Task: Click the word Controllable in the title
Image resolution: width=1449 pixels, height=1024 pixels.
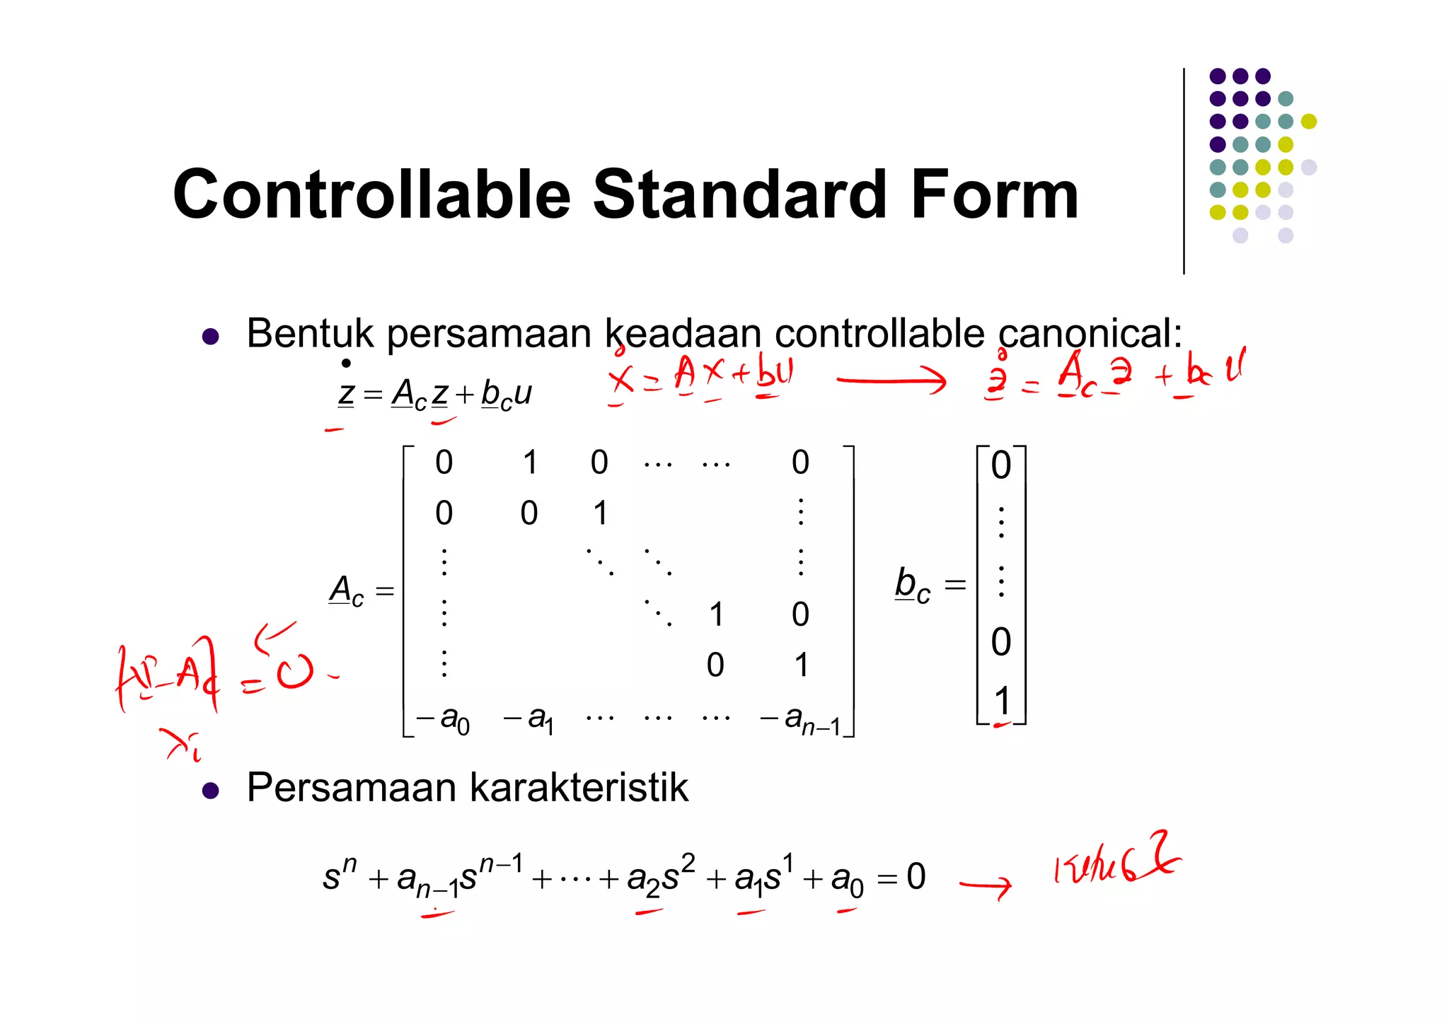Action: (371, 194)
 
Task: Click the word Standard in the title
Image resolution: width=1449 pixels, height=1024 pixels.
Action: (739, 194)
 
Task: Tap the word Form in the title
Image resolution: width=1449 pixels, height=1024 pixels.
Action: (994, 194)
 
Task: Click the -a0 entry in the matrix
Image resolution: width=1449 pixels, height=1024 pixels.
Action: (444, 720)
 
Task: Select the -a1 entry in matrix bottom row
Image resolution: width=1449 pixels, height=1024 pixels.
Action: (529, 720)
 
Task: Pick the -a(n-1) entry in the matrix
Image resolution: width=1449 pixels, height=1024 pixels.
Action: (801, 720)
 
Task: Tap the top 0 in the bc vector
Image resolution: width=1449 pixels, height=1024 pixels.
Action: (1001, 465)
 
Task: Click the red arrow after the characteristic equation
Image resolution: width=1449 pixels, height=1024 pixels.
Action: (986, 885)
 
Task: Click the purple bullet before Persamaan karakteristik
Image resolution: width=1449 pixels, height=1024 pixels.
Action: (210, 790)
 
